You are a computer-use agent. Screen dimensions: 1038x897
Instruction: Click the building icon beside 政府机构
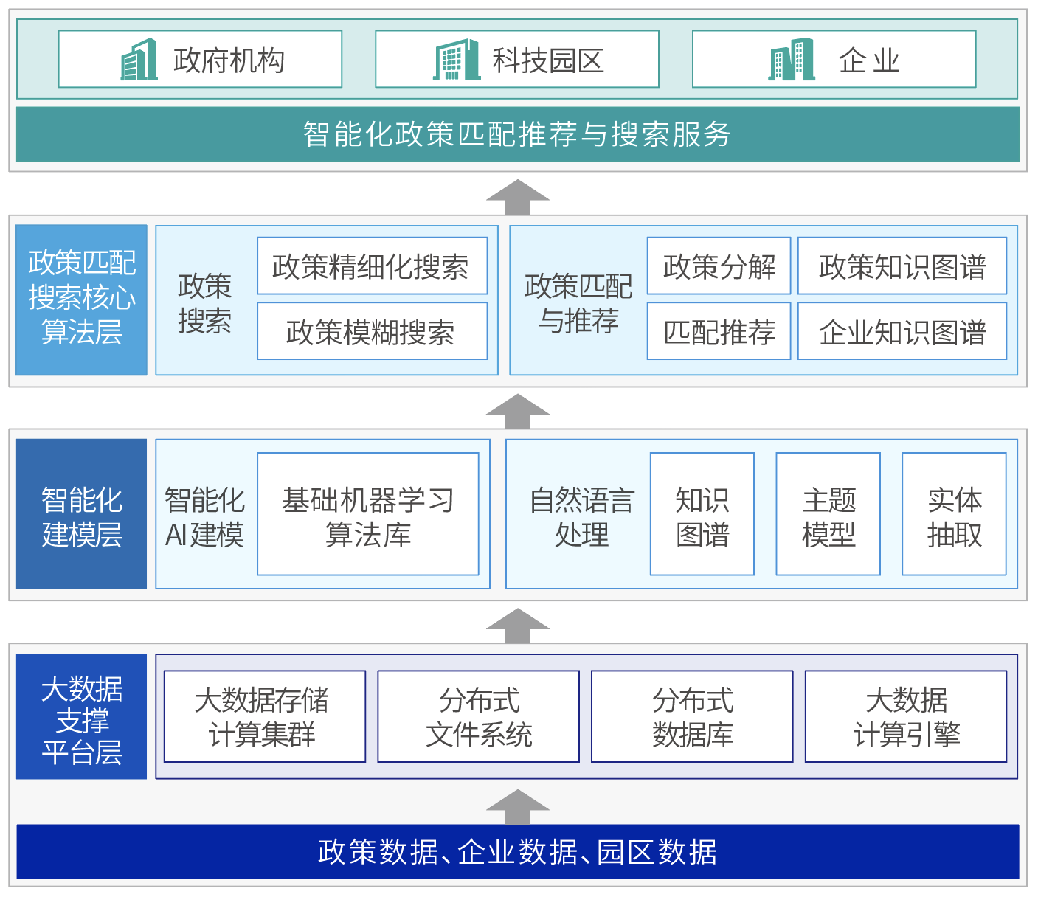tap(139, 59)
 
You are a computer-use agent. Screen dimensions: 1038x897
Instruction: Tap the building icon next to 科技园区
tap(457, 59)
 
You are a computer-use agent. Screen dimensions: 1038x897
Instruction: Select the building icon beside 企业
tap(791, 59)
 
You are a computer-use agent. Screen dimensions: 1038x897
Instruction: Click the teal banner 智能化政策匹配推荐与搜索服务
tap(518, 134)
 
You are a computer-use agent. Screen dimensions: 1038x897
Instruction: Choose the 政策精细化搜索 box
tap(372, 266)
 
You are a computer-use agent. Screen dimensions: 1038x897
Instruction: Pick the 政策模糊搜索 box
tap(372, 331)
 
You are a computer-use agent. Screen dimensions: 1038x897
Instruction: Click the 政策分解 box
tap(719, 266)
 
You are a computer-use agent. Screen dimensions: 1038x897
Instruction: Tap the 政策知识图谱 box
tap(902, 266)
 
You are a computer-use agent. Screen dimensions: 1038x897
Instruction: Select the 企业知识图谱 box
tap(902, 331)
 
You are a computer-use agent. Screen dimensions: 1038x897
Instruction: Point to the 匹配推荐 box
tap(719, 331)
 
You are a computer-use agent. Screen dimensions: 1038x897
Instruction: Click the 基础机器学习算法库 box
tap(368, 514)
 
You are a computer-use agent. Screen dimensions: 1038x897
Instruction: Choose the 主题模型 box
tap(828, 514)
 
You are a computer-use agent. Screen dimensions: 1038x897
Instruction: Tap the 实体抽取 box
tap(954, 514)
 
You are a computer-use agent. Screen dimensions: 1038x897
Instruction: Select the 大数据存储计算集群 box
tap(265, 716)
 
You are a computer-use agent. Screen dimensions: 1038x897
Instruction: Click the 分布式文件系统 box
tap(479, 716)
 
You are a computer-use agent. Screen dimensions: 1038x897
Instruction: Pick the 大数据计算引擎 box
tap(906, 716)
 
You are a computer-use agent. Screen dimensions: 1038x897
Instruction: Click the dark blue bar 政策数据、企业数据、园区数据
tap(518, 851)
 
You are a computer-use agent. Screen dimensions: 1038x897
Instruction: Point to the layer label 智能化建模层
tap(81, 514)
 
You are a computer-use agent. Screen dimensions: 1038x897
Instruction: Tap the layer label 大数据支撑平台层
tap(81, 717)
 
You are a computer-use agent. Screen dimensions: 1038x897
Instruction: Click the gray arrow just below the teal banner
tap(518, 198)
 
